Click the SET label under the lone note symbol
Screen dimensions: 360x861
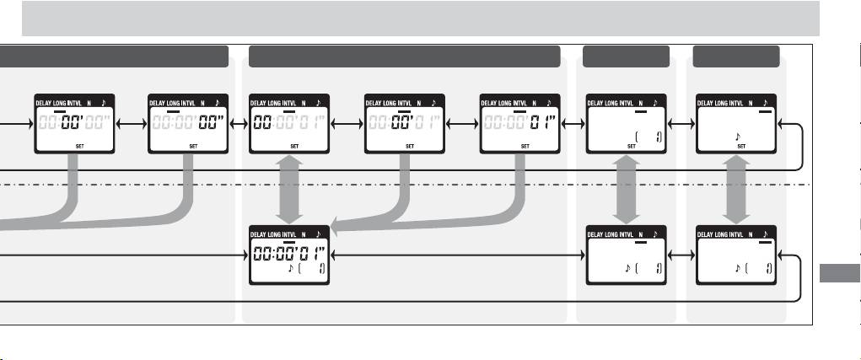[x=741, y=145]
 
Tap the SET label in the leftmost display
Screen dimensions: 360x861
[x=78, y=145]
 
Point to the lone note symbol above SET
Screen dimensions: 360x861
[x=738, y=134]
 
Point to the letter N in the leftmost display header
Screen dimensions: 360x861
[x=88, y=102]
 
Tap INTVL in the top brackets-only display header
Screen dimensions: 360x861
[x=629, y=102]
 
